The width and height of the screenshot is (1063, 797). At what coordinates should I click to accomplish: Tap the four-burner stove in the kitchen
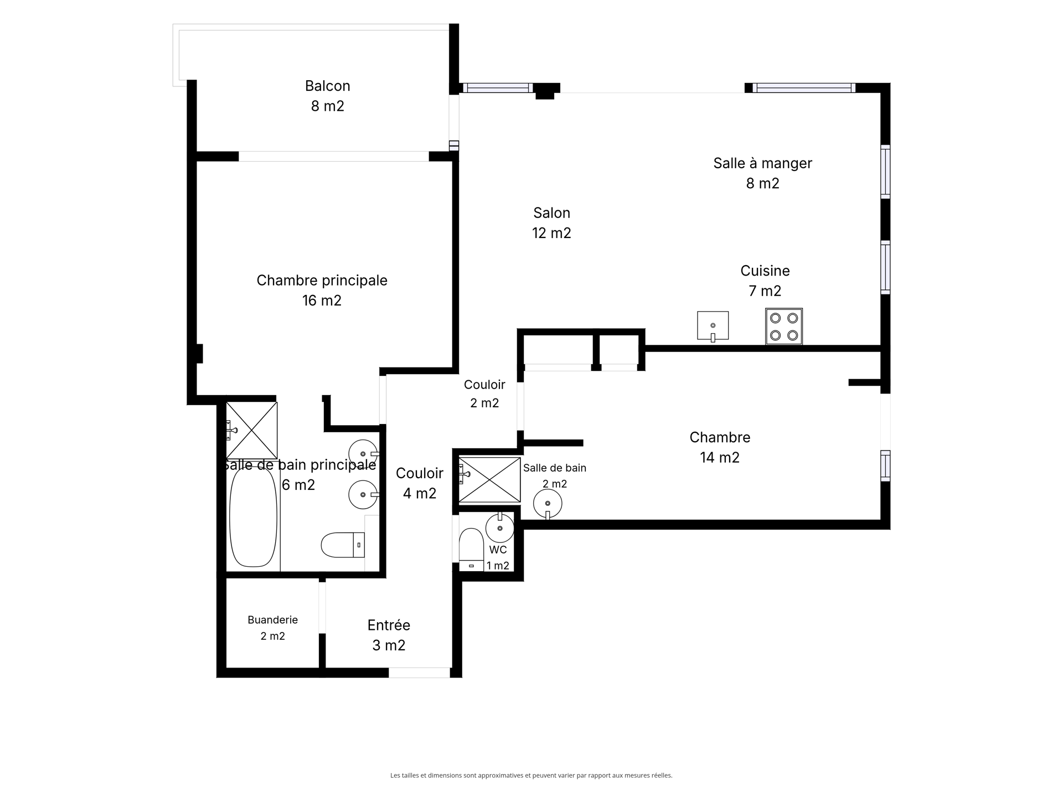(x=784, y=327)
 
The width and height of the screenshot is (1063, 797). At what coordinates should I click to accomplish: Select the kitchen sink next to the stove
(x=713, y=326)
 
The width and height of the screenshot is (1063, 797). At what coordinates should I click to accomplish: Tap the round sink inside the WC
(x=500, y=527)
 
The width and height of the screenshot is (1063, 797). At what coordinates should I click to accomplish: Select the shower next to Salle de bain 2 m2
(x=489, y=480)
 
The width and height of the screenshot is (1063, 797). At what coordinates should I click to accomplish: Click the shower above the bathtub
(x=252, y=430)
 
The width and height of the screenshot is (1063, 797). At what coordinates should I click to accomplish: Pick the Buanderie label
(x=272, y=620)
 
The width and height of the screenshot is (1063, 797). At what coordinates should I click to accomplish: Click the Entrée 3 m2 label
(x=389, y=635)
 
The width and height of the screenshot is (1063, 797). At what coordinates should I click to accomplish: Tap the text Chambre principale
(x=322, y=281)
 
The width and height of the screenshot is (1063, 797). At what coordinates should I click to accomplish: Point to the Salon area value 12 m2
(x=551, y=233)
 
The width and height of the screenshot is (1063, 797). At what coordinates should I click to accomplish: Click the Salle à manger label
(x=762, y=163)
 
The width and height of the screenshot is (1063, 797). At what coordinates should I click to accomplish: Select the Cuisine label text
(x=765, y=271)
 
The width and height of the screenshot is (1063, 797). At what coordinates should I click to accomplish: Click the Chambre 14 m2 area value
(x=720, y=457)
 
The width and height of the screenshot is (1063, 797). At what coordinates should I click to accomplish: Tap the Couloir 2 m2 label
(x=484, y=394)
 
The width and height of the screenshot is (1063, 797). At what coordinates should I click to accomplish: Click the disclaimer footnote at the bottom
(x=531, y=775)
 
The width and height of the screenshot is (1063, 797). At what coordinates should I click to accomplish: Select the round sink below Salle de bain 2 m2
(x=548, y=504)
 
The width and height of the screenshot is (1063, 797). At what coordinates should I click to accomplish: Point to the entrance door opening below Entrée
(x=419, y=673)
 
